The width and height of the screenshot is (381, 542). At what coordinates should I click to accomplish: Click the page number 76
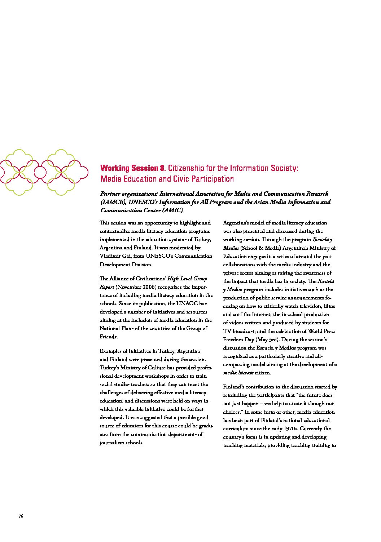21,516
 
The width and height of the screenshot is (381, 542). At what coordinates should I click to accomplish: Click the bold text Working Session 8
133,168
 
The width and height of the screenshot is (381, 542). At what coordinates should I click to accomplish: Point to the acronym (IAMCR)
112,202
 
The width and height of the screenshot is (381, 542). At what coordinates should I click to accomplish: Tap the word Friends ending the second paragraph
108,337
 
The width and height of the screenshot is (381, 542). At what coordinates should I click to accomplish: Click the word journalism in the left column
113,443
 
